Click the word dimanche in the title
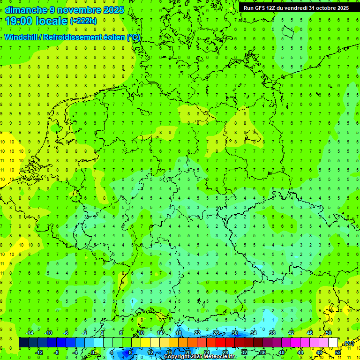[24, 10]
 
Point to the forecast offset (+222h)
[83, 21]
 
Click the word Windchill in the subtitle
[21, 37]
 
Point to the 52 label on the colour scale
[338, 352]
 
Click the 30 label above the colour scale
[234, 333]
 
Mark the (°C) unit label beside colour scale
[348, 343]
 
